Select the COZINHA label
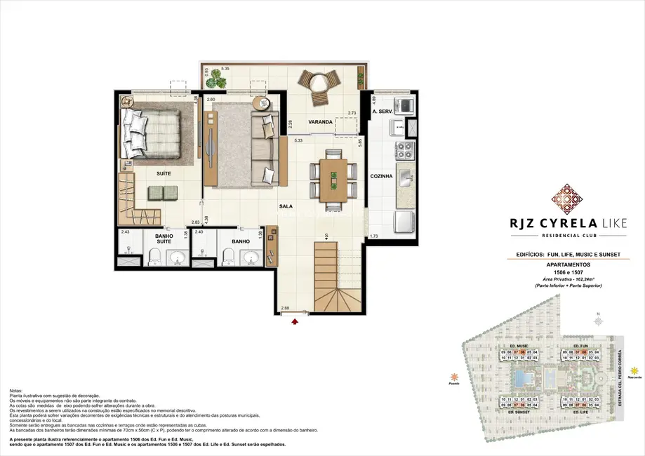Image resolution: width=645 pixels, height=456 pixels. point(381,177)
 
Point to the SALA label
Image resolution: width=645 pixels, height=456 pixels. point(285,206)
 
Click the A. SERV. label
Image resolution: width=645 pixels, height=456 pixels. point(381,112)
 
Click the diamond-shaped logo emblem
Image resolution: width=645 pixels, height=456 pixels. point(566,199)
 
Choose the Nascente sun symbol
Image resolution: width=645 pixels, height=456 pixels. point(634,370)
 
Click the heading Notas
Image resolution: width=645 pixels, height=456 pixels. point(17,390)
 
